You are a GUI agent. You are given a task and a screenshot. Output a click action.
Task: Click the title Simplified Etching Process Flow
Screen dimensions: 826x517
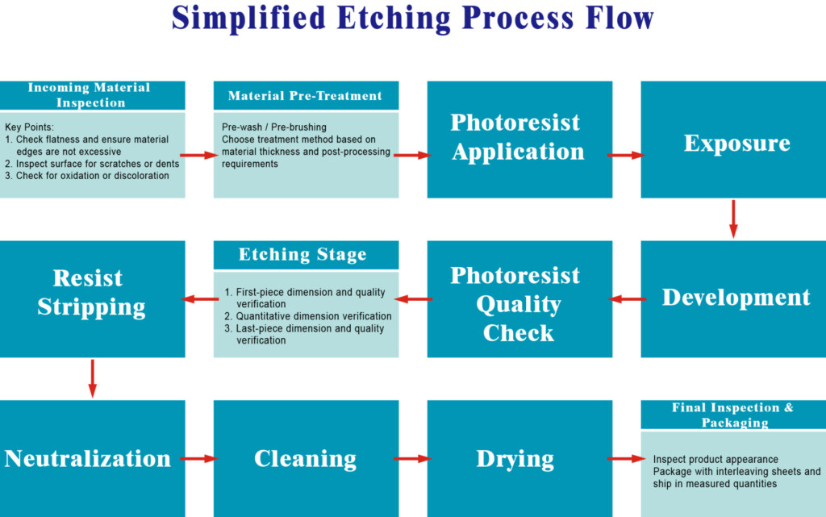(412, 19)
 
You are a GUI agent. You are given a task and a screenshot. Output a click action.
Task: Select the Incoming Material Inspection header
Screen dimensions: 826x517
(92, 95)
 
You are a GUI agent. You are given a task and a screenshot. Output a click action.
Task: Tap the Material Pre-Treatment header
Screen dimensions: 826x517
(306, 95)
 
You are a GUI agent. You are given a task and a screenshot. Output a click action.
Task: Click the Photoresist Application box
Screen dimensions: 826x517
(519, 140)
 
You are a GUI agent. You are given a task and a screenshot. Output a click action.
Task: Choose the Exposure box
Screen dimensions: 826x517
(733, 140)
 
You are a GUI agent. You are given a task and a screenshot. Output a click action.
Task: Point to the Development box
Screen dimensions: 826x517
(733, 299)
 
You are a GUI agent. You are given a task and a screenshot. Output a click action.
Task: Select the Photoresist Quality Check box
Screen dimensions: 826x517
(519, 299)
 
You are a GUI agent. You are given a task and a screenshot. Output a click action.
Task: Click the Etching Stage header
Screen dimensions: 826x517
(306, 255)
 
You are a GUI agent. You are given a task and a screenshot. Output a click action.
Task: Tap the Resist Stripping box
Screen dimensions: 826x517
(92, 299)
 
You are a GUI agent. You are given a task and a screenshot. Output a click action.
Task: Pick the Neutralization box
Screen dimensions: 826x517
(92, 459)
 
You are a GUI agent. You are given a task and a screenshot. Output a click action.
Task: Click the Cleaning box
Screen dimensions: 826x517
(306, 459)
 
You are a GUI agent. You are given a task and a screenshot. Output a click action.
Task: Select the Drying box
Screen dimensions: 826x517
(519, 459)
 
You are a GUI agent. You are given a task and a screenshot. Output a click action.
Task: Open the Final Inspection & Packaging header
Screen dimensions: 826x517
(733, 415)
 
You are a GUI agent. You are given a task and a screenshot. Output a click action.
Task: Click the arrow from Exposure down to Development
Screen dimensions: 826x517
(733, 219)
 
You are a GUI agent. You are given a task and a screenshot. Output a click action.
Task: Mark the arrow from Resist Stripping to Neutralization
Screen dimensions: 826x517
(93, 378)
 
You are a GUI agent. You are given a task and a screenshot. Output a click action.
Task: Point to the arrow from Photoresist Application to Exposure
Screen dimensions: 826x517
(626, 156)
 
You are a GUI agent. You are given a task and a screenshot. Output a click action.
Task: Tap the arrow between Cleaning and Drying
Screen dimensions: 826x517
(412, 459)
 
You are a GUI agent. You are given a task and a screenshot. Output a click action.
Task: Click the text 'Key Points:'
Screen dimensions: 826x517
(30, 127)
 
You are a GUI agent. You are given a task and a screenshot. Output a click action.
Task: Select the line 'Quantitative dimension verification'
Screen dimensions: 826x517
(314, 316)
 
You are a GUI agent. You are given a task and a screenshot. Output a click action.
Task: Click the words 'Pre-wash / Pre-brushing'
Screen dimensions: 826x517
(274, 127)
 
